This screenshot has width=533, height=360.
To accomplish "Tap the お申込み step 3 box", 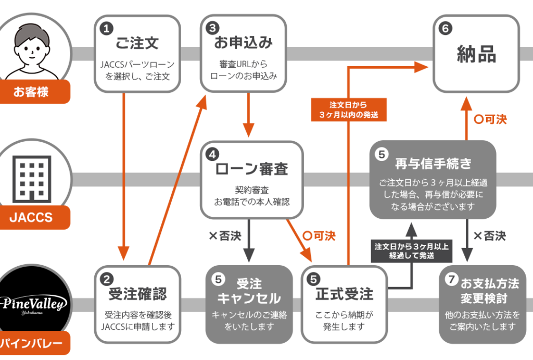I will [243, 53].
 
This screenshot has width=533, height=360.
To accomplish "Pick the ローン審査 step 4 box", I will [251, 180].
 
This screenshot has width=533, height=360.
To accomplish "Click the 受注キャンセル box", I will [249, 304].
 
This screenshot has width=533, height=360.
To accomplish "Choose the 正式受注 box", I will [345, 304].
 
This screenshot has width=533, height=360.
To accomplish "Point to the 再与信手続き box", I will [433, 180].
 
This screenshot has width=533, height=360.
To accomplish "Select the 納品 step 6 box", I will [476, 54].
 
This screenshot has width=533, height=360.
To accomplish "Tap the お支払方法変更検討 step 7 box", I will [483, 304].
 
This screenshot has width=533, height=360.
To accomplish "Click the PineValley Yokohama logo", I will [33, 302].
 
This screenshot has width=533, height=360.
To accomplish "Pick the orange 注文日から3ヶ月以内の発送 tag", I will [348, 109].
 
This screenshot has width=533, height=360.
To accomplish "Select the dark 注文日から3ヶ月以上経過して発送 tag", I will [412, 250].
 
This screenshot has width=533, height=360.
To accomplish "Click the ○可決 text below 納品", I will [490, 119].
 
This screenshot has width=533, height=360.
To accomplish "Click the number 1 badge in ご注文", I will [106, 30].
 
